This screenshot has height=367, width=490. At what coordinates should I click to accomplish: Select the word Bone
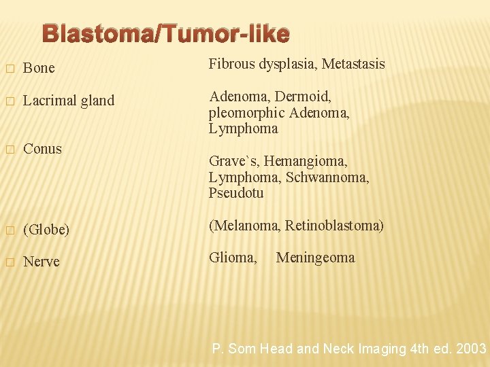[39, 68]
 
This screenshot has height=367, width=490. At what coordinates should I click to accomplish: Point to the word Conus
[42, 149]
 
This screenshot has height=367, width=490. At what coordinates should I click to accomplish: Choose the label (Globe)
[46, 230]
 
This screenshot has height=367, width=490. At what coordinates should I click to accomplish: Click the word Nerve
[42, 262]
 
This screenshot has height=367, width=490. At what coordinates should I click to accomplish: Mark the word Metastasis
[353, 65]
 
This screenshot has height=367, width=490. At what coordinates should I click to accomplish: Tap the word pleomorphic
[246, 113]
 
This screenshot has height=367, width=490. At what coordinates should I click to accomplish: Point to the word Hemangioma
[306, 161]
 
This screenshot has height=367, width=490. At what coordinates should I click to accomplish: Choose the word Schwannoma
[328, 177]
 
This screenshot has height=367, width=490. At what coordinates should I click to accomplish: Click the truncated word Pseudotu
[236, 193]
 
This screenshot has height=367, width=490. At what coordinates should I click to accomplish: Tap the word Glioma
[233, 258]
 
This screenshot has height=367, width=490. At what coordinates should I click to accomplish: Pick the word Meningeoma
[315, 258]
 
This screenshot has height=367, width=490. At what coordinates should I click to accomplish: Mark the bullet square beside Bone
[9, 69]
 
